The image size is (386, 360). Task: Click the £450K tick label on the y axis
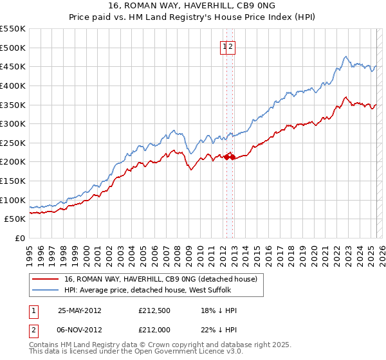click(13, 66)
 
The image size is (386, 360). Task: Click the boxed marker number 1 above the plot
click(225, 46)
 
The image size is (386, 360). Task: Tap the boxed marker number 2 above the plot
click(230, 46)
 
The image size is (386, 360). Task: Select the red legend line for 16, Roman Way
click(46, 279)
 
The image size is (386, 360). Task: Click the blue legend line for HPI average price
click(46, 290)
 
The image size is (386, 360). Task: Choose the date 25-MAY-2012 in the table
click(80, 310)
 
